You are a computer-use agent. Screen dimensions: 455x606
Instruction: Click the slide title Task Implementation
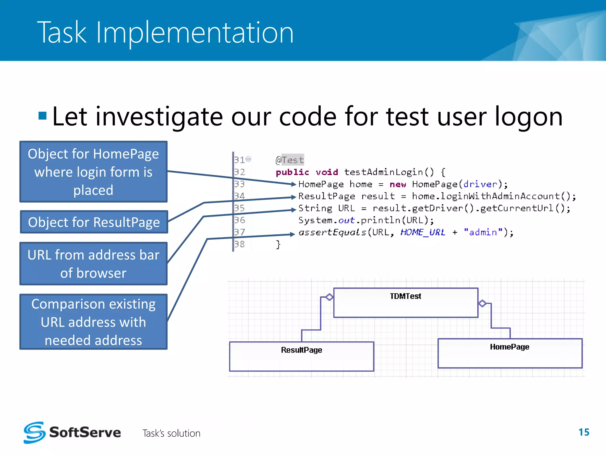tap(165, 33)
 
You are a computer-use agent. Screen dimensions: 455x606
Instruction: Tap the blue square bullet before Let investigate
tap(43, 116)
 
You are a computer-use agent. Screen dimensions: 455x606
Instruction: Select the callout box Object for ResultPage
tap(94, 222)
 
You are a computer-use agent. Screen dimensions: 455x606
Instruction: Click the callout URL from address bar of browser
tap(94, 264)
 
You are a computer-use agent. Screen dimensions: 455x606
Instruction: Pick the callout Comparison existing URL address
tap(94, 322)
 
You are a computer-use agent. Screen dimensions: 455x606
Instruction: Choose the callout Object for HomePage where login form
tap(94, 172)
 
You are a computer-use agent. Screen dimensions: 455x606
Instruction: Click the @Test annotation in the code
tap(290, 160)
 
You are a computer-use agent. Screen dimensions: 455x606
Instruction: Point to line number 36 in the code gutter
tap(240, 220)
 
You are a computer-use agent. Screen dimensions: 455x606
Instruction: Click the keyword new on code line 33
tap(398, 184)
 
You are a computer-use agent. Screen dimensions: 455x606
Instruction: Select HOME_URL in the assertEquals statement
tap(423, 232)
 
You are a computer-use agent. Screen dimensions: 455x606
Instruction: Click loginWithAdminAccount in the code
tap(500, 196)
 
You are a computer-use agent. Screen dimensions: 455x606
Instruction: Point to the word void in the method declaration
tap(327, 172)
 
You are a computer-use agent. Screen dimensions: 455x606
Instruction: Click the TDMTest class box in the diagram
tap(405, 303)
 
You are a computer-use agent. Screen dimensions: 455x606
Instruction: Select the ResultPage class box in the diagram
tap(302, 356)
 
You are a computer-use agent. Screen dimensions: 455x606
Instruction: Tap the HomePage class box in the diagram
tap(510, 353)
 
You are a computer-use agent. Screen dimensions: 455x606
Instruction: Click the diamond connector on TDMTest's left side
tap(329, 297)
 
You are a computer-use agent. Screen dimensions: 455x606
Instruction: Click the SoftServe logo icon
tap(35, 432)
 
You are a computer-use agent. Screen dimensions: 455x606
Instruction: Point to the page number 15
tap(584, 432)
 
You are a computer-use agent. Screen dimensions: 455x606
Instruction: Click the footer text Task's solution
tap(171, 433)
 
